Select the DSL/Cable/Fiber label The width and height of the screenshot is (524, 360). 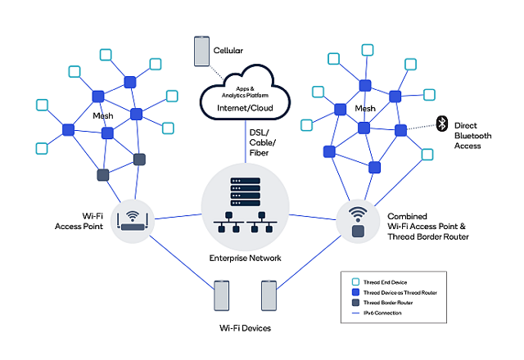tap(264, 143)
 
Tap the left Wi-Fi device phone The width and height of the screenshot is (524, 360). tap(220, 296)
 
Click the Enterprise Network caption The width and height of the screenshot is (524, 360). tap(246, 258)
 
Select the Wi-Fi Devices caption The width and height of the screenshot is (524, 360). tap(245, 328)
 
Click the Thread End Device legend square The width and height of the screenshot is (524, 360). tap(355, 282)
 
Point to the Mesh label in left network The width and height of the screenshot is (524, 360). tap(102, 115)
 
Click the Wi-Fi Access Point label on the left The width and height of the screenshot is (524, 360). tap(79, 220)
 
